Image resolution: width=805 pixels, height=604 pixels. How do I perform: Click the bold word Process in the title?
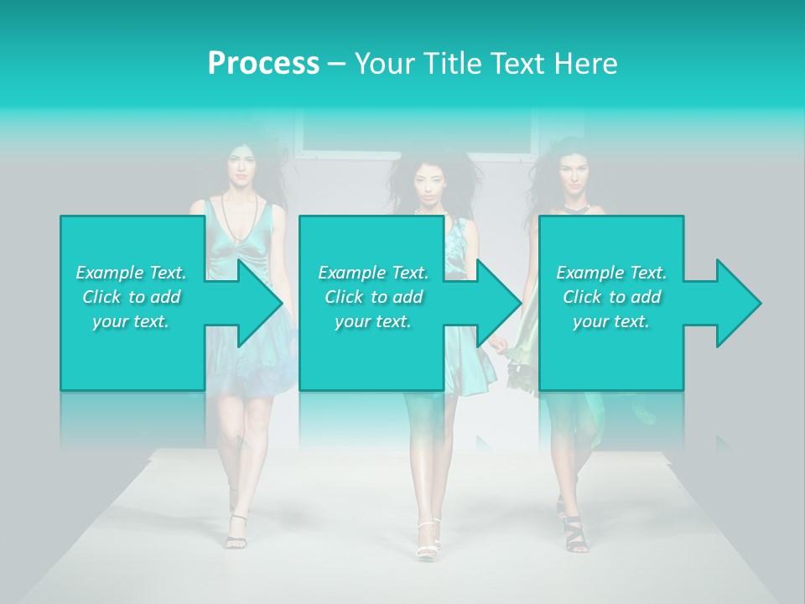click(x=263, y=63)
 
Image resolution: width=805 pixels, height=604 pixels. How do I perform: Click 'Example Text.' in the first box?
click(x=131, y=273)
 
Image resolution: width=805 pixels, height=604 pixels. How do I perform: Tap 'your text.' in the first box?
click(x=131, y=321)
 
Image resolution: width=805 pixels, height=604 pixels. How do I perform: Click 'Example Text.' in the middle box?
click(x=373, y=273)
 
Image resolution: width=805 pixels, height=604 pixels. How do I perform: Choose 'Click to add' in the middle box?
click(x=373, y=297)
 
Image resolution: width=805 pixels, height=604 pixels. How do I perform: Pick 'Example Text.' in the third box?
click(x=611, y=273)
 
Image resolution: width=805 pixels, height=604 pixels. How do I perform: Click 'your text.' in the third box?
click(x=611, y=321)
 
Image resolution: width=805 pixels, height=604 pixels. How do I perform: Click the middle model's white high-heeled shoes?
click(x=428, y=540)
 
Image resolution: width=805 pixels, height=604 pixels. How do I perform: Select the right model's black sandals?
click(x=574, y=532)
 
